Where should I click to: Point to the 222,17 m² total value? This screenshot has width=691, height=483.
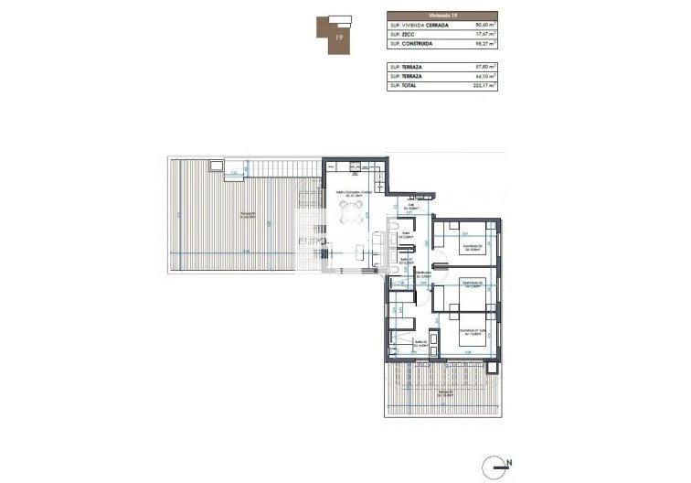482,85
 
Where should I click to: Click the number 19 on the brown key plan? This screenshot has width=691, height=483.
340,38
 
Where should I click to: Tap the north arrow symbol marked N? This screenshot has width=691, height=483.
501,465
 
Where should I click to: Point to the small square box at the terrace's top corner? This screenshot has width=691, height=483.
216,166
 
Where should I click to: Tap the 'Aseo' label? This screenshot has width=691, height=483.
409,234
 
